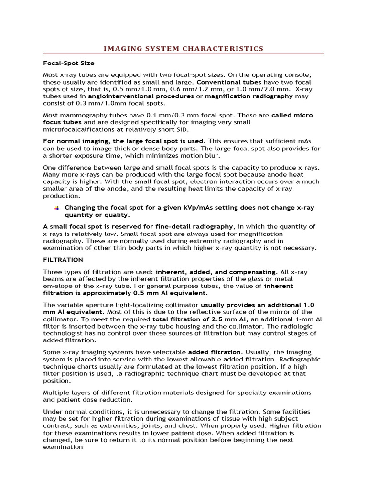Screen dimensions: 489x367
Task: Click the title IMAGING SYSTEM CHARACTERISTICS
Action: (183, 48)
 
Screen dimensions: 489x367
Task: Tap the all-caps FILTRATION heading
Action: (63, 260)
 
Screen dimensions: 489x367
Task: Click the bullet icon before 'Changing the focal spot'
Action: (56, 208)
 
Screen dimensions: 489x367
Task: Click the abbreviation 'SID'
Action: (182, 129)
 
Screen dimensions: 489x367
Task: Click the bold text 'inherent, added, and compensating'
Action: (216, 272)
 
